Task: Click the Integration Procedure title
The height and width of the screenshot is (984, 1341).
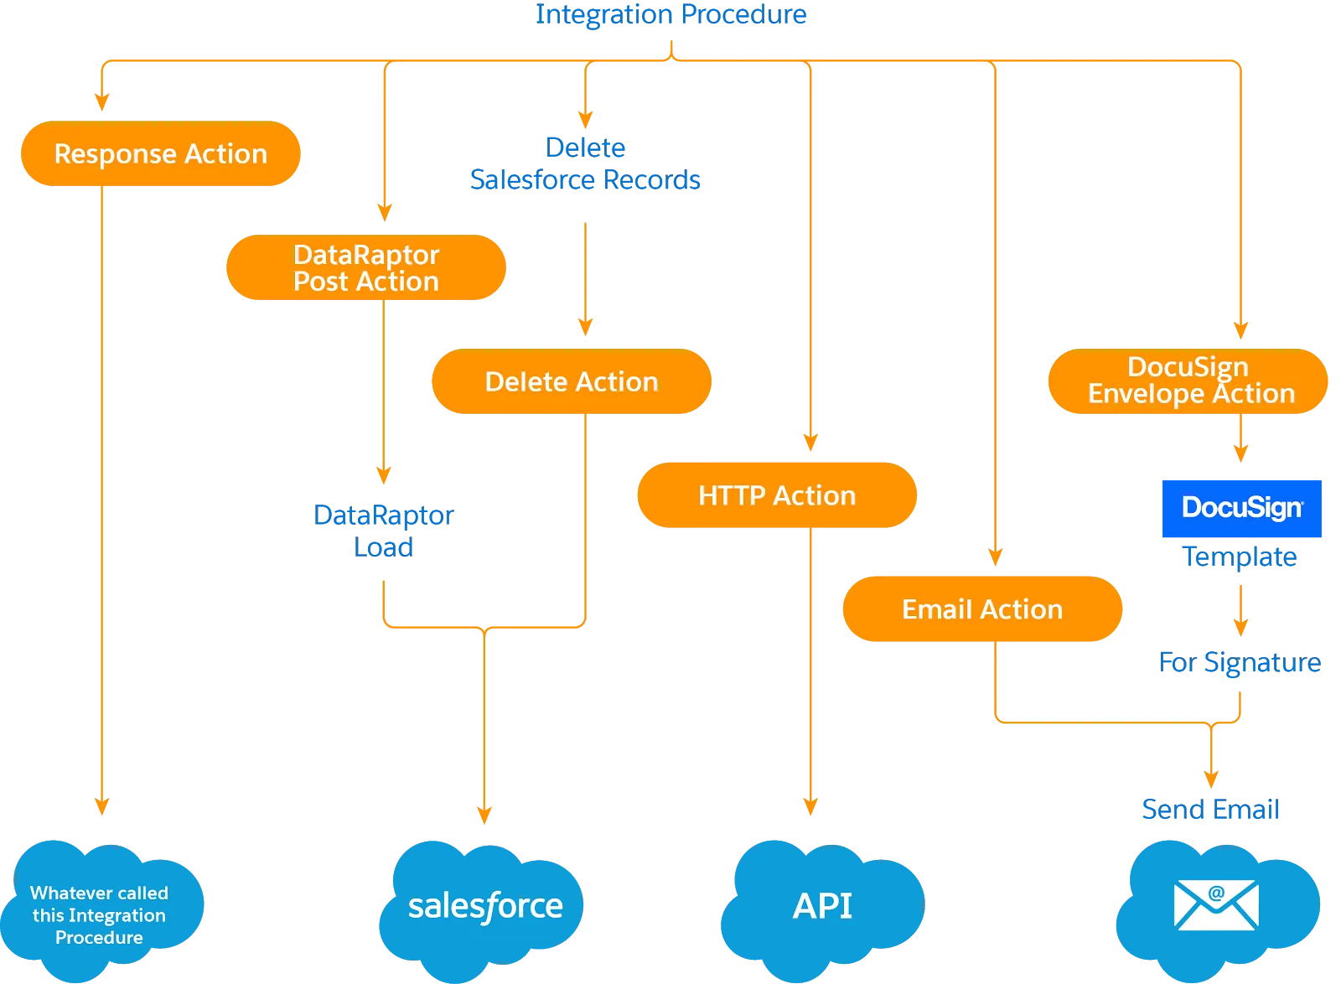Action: coord(670,14)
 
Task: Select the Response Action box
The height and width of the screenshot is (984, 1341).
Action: coord(160,153)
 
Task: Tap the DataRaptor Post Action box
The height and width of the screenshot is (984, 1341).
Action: coord(366,267)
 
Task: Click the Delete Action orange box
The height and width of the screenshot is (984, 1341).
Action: coord(571,381)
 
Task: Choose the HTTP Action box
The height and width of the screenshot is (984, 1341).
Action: coord(777,495)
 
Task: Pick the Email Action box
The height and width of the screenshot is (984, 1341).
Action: coord(982,609)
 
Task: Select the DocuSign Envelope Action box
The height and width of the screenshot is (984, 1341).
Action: coord(1188,381)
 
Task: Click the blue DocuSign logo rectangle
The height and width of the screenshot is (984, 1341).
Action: coord(1241,508)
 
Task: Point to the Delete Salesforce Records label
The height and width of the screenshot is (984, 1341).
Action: coord(585,164)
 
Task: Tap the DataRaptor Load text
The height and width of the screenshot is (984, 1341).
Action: coord(383,531)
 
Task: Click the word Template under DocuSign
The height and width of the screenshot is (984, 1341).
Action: coord(1240,557)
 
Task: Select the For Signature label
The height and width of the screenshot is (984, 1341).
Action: coord(1240,662)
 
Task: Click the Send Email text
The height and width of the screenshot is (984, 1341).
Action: coord(1210,810)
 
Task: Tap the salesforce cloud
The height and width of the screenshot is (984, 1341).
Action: coord(484,907)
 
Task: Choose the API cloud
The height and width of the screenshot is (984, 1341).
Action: coord(822,907)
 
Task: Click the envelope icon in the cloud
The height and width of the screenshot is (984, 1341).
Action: coord(1215,904)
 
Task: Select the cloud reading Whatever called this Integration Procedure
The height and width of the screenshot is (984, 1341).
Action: coord(100,914)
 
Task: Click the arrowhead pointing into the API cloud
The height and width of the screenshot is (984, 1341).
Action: coord(810,806)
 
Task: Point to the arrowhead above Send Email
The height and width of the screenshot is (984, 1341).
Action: coord(1210,779)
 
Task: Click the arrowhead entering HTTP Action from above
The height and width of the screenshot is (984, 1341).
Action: coord(810,442)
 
